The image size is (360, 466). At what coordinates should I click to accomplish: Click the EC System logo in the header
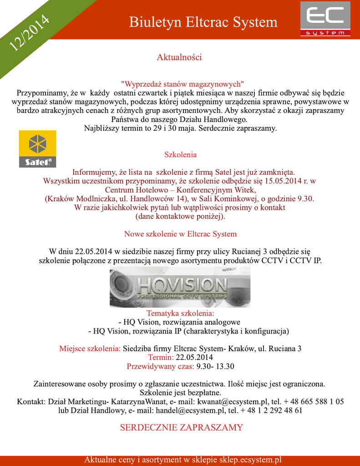point(325,19)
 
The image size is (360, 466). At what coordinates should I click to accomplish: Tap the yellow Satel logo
point(37,149)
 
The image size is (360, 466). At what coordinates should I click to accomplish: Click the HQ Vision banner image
point(180,287)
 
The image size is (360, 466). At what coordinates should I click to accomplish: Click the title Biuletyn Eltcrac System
point(203,22)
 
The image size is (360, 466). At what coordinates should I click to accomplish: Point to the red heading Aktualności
point(179,57)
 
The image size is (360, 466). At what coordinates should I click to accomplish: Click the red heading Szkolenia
point(180,155)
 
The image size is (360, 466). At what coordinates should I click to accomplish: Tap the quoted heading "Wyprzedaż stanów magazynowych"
point(183,84)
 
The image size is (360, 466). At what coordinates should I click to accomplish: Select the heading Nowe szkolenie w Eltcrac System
point(180,234)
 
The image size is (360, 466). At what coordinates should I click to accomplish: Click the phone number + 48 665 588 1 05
point(314,402)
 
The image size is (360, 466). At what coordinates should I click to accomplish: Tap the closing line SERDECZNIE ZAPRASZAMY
point(181,427)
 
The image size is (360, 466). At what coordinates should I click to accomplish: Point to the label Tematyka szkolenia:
point(180,314)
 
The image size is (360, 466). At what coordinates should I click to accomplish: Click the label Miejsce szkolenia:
point(90,349)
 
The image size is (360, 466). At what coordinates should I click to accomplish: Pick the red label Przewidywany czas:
point(160,366)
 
